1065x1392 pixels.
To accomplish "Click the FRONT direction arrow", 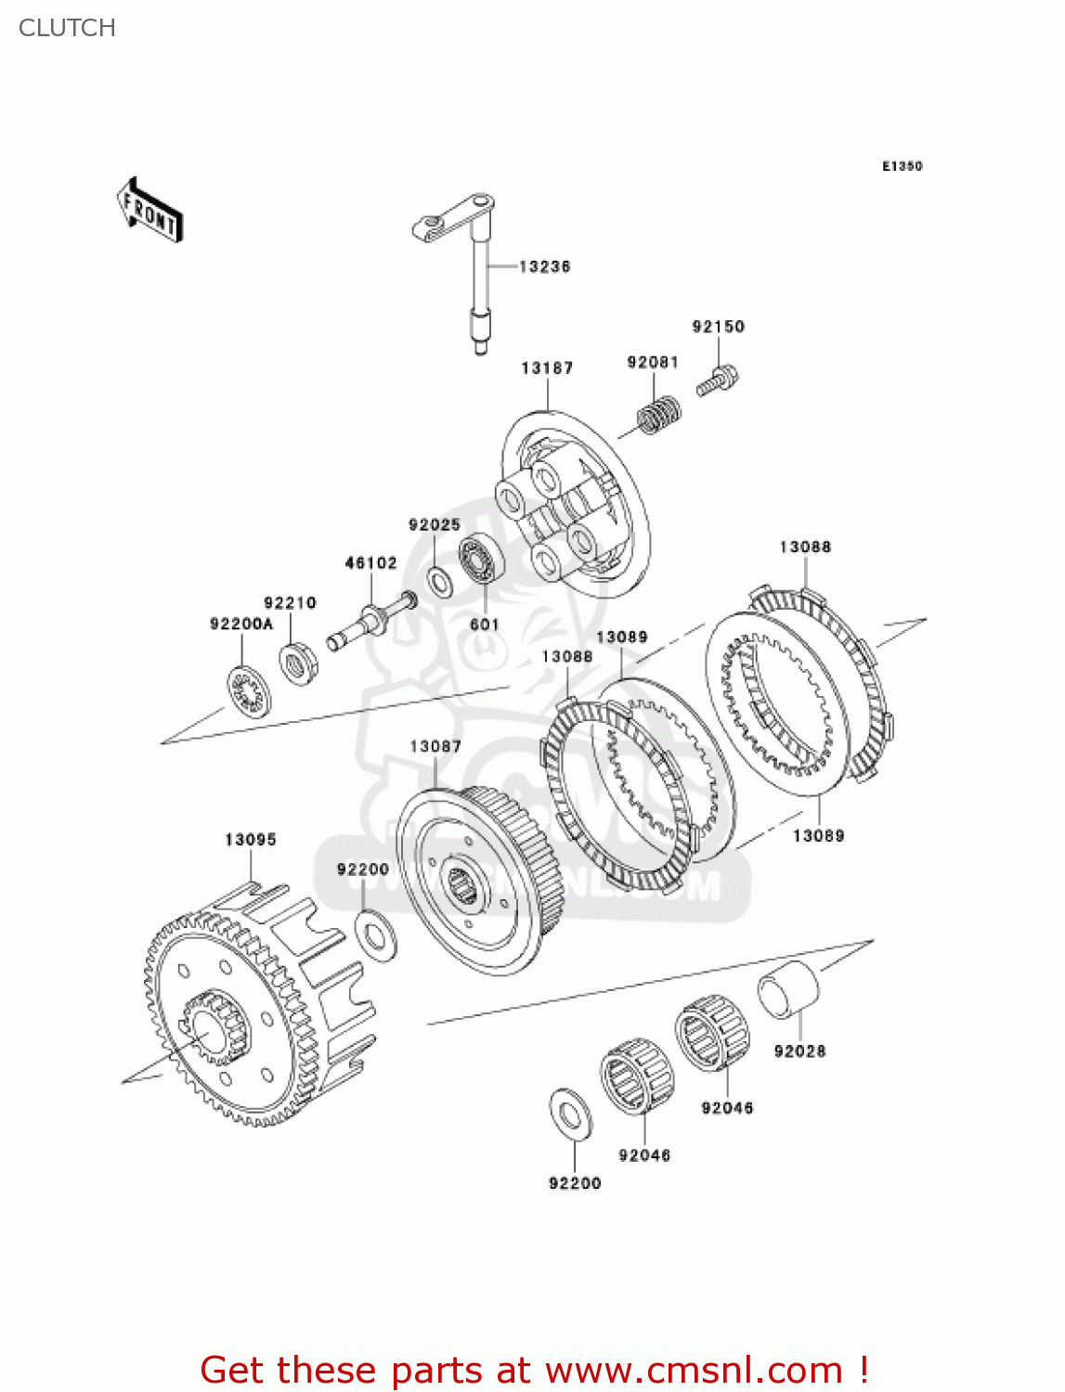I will pos(149,211).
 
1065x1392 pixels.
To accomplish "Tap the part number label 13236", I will pos(544,267).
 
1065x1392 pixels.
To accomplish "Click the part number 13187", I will pos(547,368).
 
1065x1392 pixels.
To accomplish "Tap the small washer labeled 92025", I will pos(439,582).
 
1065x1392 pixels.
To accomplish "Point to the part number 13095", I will pos(251,840).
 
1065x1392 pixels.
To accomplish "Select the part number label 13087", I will pos(435,747).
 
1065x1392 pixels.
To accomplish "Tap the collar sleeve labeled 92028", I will pos(789,991).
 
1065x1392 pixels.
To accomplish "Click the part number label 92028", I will pos(799,1051).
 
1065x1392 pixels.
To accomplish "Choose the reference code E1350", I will pos(902,166).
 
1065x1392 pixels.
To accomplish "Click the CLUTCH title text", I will pos(67,28).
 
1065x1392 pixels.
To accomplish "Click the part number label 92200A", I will pos(241,625).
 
